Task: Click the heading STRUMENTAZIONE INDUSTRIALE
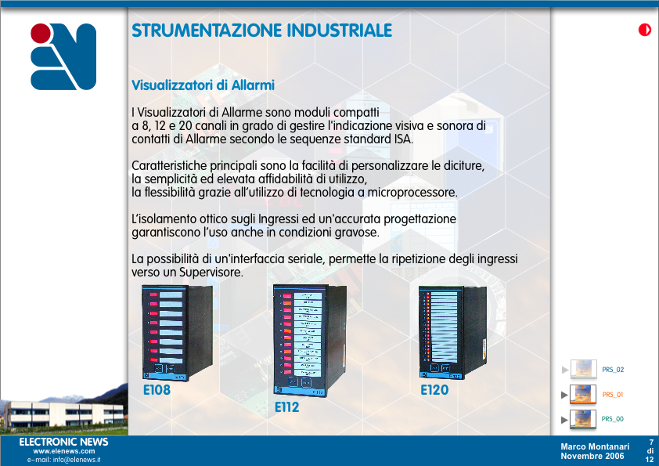pyautogui.click(x=262, y=31)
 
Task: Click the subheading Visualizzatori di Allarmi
pyautogui.click(x=203, y=85)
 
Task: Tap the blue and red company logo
pyautogui.click(x=63, y=56)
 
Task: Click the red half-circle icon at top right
pyautogui.click(x=645, y=30)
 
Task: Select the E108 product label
pyautogui.click(x=157, y=390)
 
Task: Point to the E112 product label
pyautogui.click(x=287, y=407)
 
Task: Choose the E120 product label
pyautogui.click(x=434, y=390)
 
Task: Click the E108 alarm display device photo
pyautogui.click(x=178, y=332)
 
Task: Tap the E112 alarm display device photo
pyautogui.click(x=310, y=340)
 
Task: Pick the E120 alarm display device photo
pyautogui.click(x=452, y=332)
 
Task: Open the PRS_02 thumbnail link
pyautogui.click(x=584, y=369)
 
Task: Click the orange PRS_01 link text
pyautogui.click(x=613, y=395)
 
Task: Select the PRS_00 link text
pyautogui.click(x=613, y=419)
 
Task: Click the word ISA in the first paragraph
pyautogui.click(x=402, y=139)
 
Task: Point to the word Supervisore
pyautogui.click(x=211, y=273)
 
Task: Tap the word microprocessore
pyautogui.click(x=412, y=193)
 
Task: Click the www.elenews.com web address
pyautogui.click(x=64, y=451)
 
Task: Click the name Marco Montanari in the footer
pyautogui.click(x=595, y=446)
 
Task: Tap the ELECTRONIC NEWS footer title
pyautogui.click(x=64, y=442)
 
